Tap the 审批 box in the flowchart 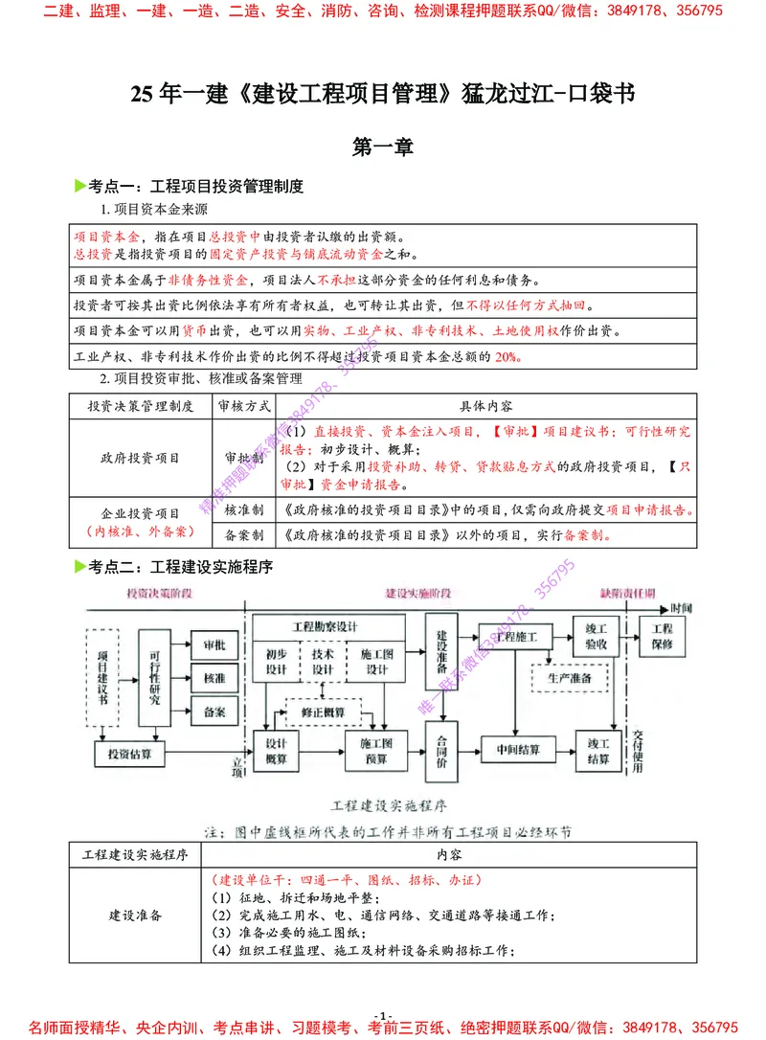[214, 646]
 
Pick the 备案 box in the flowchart [214, 712]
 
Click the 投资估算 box [129, 755]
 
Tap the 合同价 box [441, 752]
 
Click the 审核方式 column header [245, 406]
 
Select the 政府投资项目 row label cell [141, 459]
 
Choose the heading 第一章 [382, 147]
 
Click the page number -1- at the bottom [383, 1016]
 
